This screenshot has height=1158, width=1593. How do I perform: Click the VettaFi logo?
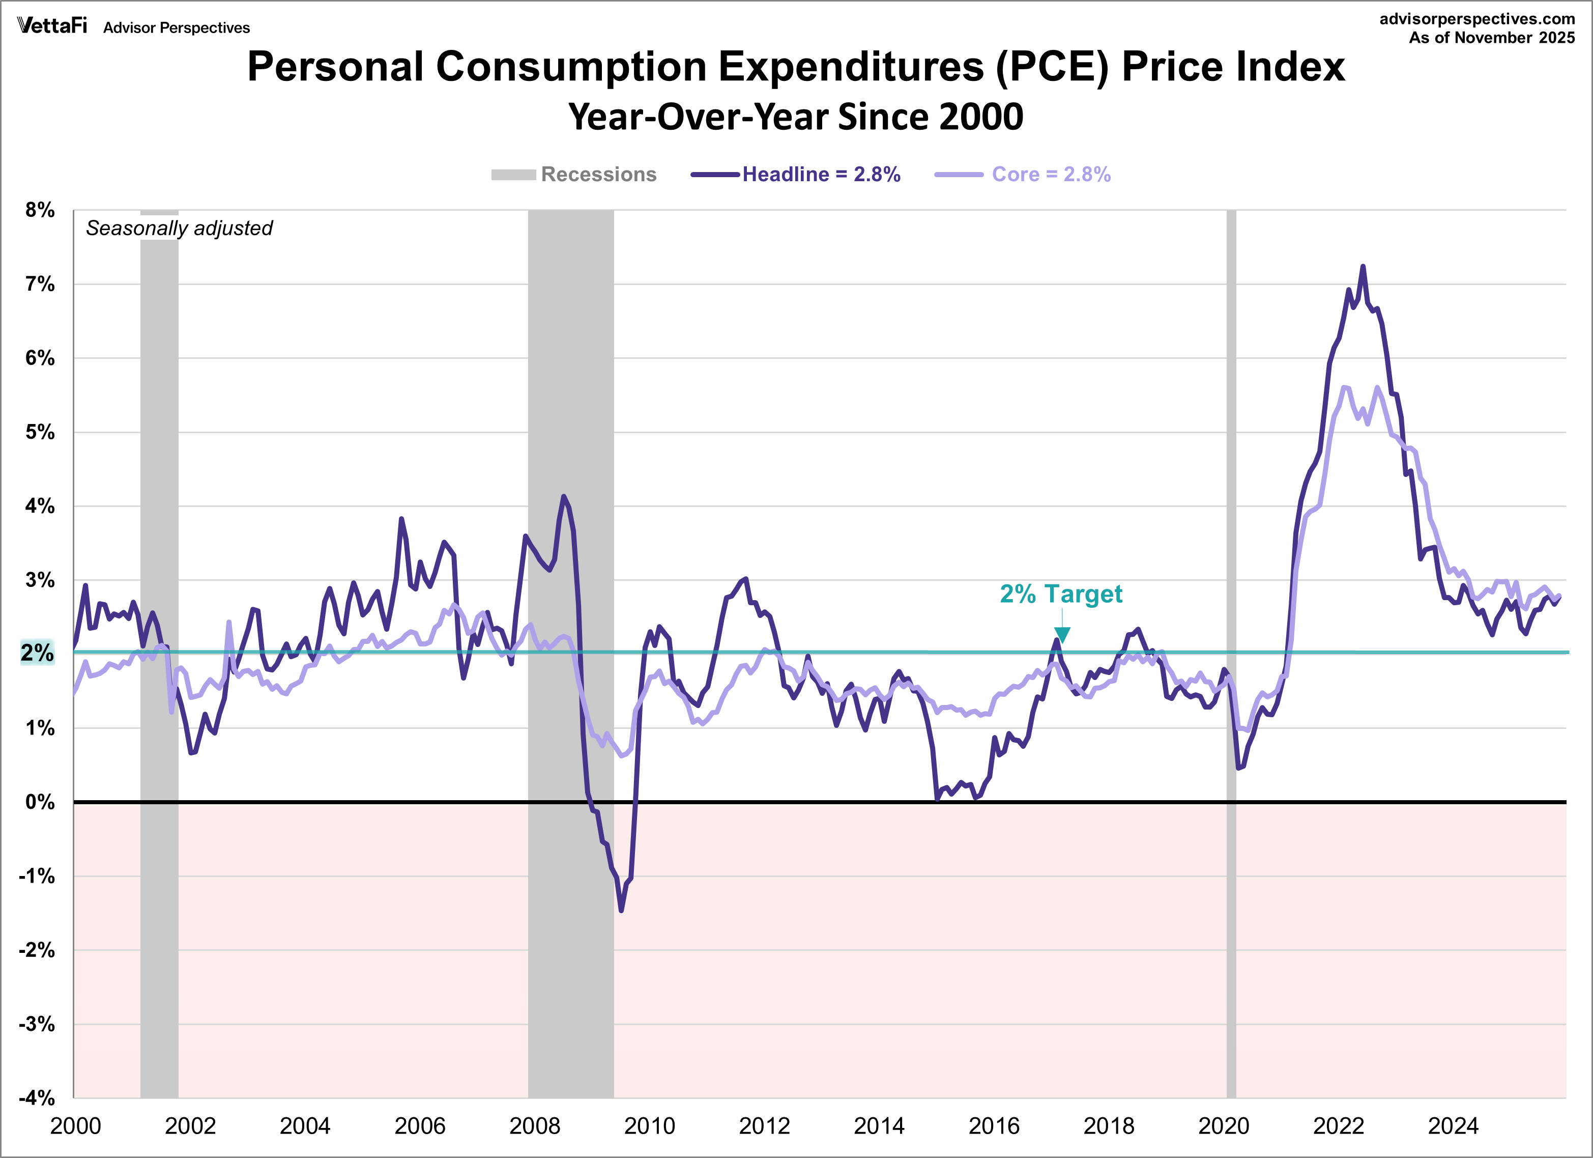(52, 26)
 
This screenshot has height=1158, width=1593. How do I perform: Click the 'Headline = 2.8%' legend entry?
(820, 174)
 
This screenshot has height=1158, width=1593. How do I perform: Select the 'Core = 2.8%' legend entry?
(1050, 174)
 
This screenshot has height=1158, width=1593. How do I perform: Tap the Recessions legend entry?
(598, 174)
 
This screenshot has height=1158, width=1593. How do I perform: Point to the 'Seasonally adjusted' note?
(179, 229)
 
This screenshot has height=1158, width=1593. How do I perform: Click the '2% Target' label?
(1061, 594)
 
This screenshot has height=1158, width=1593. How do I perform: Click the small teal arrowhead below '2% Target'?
(1062, 635)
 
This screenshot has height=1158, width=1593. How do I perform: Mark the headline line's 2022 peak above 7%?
(1363, 267)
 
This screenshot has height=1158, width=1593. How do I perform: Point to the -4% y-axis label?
(37, 1097)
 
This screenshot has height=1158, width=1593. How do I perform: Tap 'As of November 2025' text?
(1492, 38)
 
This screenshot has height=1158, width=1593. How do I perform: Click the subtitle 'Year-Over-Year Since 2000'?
(795, 117)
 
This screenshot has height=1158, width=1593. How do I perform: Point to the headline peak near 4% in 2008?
(563, 496)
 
